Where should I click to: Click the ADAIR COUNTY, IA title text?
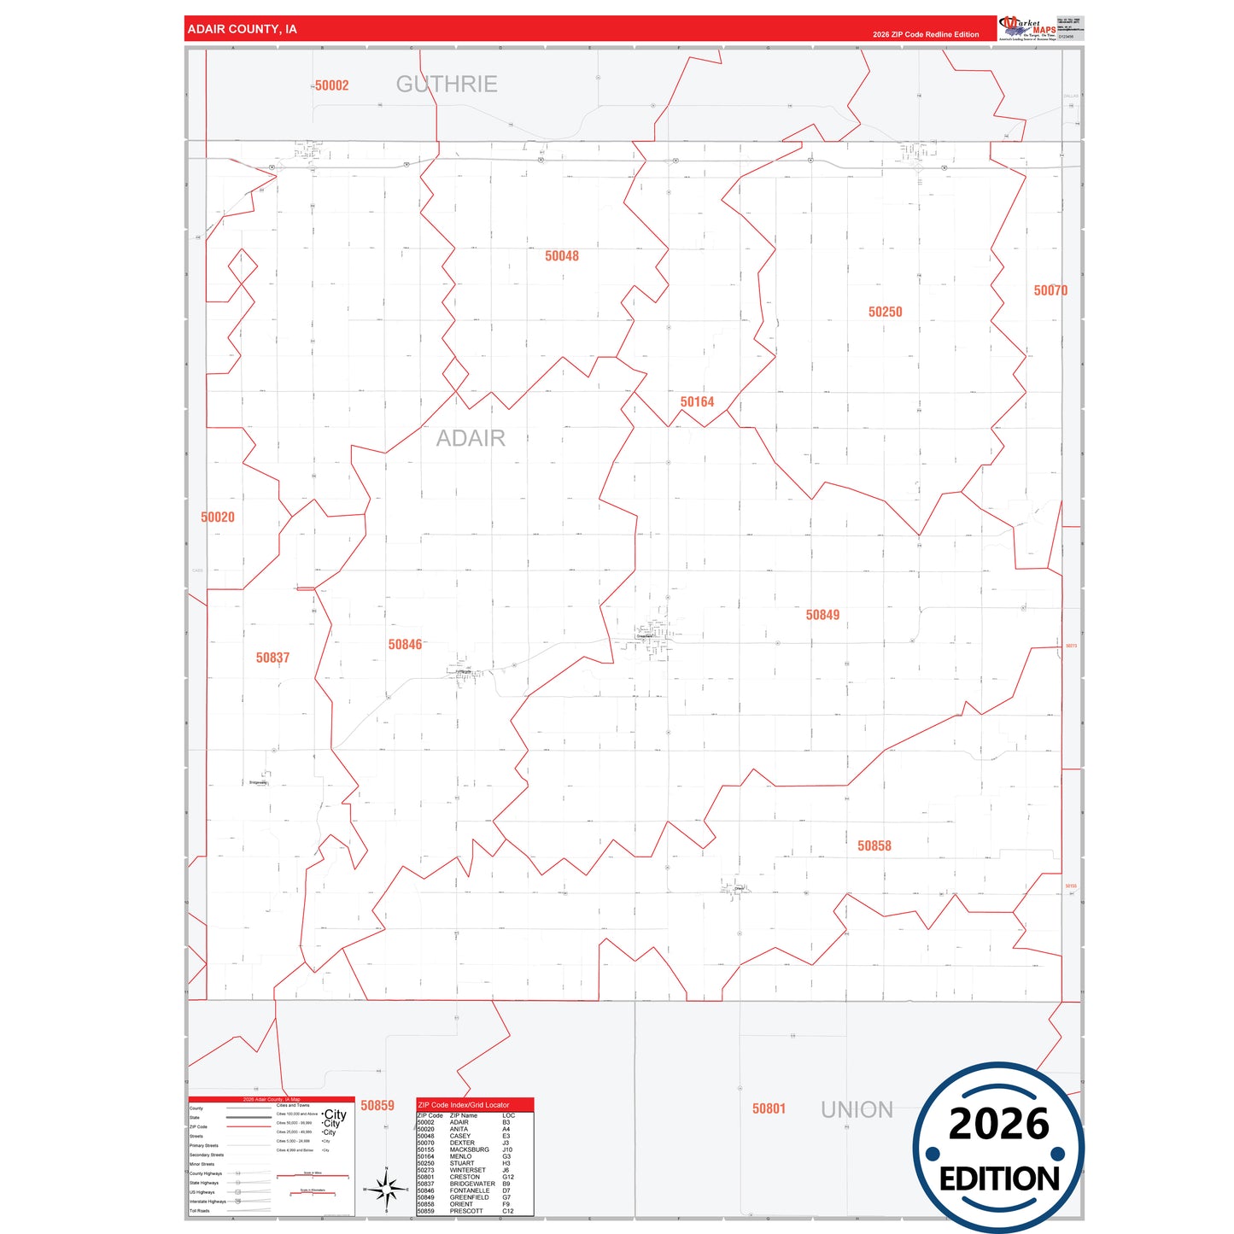pyautogui.click(x=242, y=29)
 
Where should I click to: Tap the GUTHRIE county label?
pyautogui.click(x=447, y=84)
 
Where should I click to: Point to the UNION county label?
pyautogui.click(x=857, y=1109)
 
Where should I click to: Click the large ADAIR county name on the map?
pyautogui.click(x=471, y=438)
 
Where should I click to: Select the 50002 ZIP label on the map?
pyautogui.click(x=331, y=85)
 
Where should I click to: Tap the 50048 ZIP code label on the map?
pyautogui.click(x=562, y=256)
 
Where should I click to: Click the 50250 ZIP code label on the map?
pyautogui.click(x=885, y=313)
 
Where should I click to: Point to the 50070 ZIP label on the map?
pyautogui.click(x=1050, y=290)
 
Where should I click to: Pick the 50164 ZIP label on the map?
pyautogui.click(x=697, y=402)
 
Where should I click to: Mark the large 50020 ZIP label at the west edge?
pyautogui.click(x=218, y=518)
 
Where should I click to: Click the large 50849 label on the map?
pyautogui.click(x=822, y=615)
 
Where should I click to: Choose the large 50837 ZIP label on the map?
pyautogui.click(x=272, y=658)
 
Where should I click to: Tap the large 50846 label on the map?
pyautogui.click(x=405, y=645)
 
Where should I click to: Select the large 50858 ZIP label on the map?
pyautogui.click(x=874, y=845)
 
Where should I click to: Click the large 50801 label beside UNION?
pyautogui.click(x=769, y=1108)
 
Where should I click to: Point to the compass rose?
pyautogui.click(x=386, y=1188)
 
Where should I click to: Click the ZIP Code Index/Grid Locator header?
pyautogui.click(x=464, y=1105)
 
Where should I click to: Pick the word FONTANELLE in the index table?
pyautogui.click(x=470, y=1190)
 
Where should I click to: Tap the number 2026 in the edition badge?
pyautogui.click(x=998, y=1124)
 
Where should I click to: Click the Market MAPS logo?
pyautogui.click(x=1027, y=28)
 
